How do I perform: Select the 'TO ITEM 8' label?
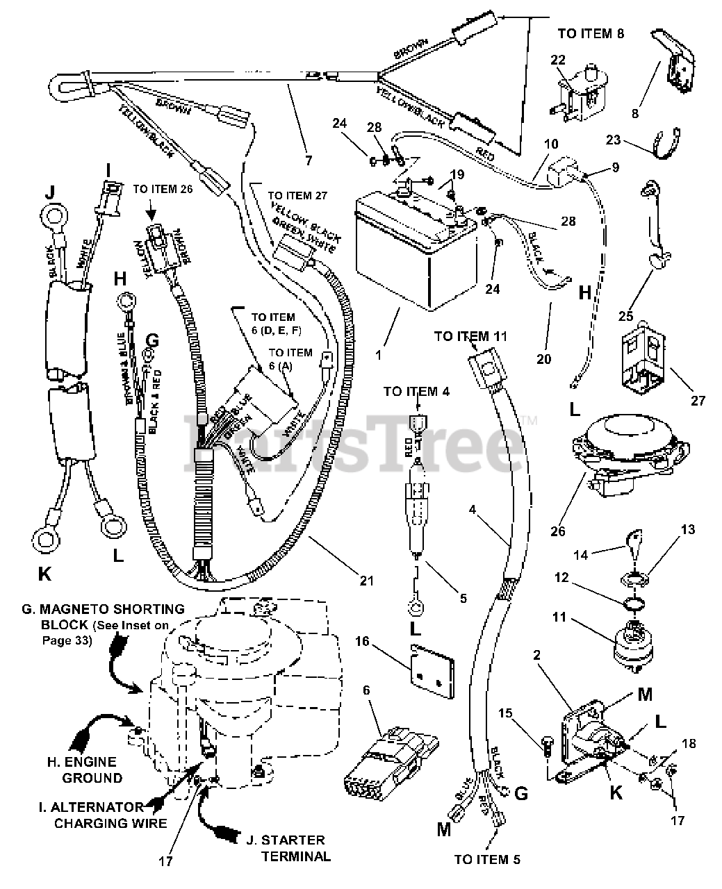(x=591, y=33)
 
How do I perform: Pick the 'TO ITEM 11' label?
(x=471, y=336)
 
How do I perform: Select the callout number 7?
(x=309, y=160)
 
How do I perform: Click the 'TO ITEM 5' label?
(x=486, y=859)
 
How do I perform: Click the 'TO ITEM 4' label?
(x=416, y=392)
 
